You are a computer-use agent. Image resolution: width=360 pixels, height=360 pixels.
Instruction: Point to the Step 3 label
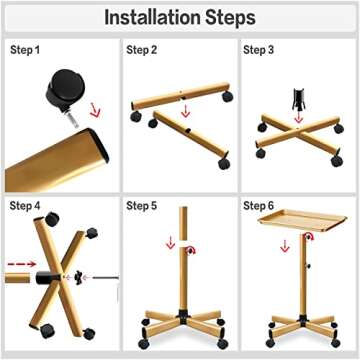pos(262,50)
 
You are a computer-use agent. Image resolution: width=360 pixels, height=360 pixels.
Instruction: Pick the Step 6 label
pos(262,206)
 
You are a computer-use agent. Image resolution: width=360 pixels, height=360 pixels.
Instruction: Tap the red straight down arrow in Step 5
pos(170,244)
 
